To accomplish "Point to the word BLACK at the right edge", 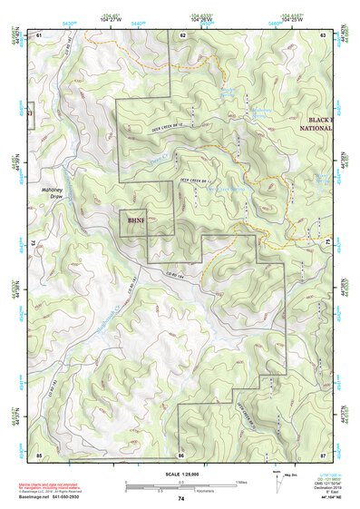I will pos(320,120).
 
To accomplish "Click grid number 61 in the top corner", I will pos(39,34).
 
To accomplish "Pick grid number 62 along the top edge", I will pos(182,34).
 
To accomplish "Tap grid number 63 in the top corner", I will pos(323,34).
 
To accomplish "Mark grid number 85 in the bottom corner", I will pos(39,454).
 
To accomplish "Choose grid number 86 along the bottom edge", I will pos(181,454).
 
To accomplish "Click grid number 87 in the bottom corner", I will pos(323,454).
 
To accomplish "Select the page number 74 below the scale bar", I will pos(180,499).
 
